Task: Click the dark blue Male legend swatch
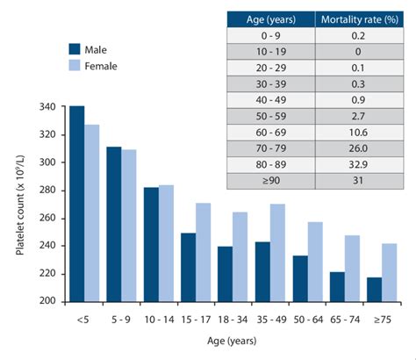pyautogui.click(x=77, y=49)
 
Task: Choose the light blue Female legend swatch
pyautogui.click(x=77, y=66)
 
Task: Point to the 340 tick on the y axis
pyautogui.click(x=46, y=107)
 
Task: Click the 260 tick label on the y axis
pyautogui.click(x=46, y=218)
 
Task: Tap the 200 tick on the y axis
pyautogui.click(x=46, y=301)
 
